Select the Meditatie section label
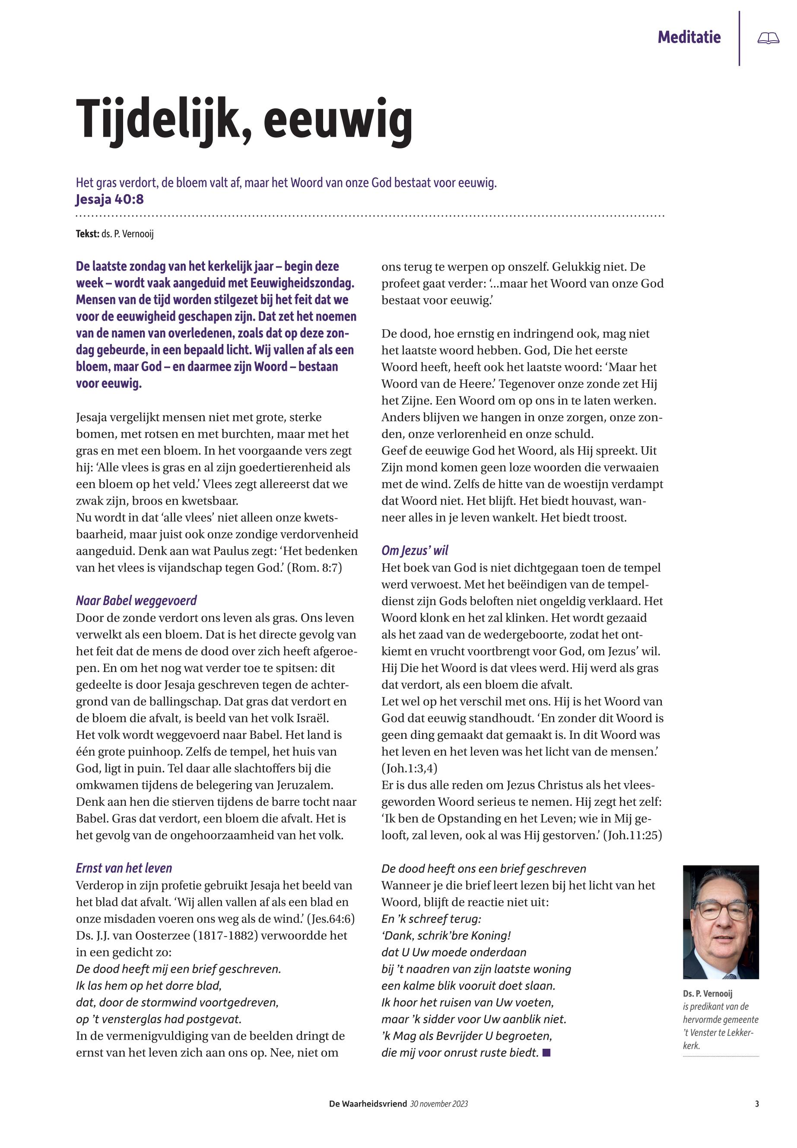(x=689, y=38)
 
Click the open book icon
(x=768, y=38)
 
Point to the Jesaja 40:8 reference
(x=109, y=199)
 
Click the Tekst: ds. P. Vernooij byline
(x=114, y=234)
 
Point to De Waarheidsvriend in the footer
(x=368, y=1104)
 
